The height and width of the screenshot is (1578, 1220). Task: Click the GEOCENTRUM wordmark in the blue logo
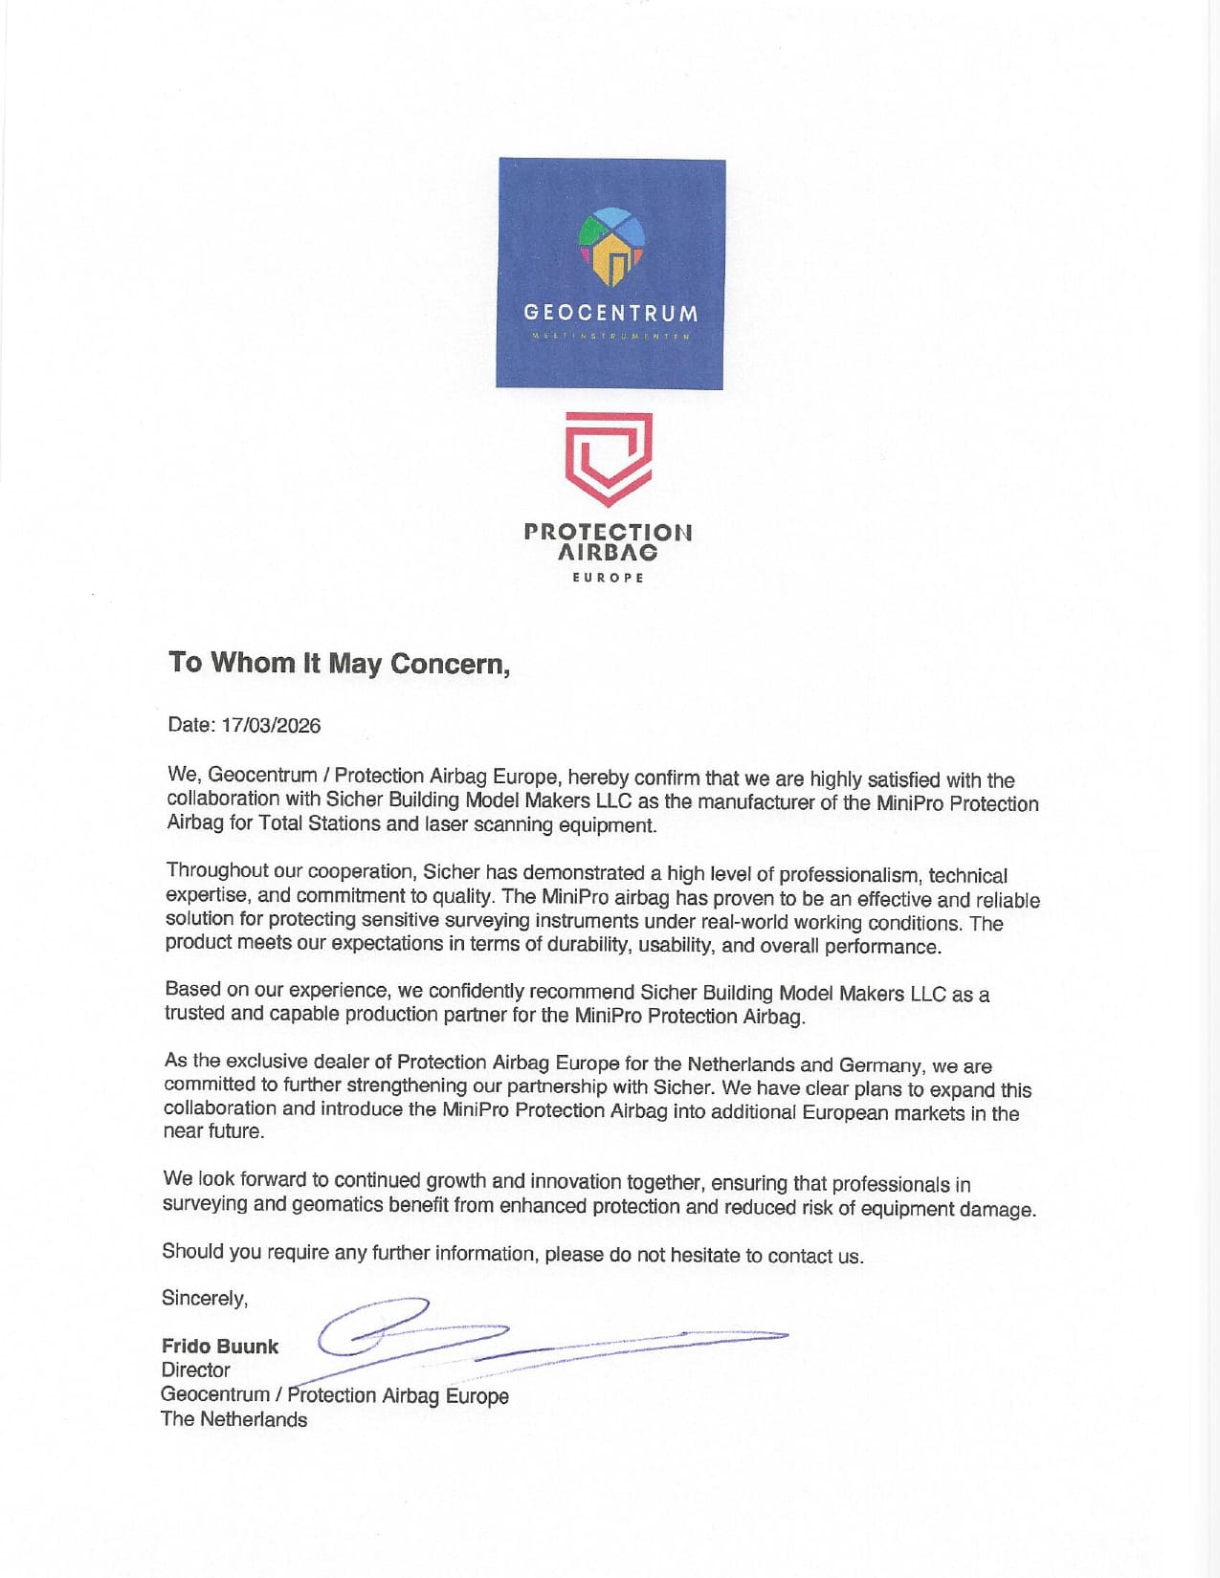click(x=610, y=313)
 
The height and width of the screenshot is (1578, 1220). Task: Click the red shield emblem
click(x=609, y=458)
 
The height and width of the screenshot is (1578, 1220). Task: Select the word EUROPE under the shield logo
click(x=609, y=578)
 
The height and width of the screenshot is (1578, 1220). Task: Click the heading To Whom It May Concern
click(x=339, y=663)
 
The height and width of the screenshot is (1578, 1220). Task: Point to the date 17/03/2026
click(x=271, y=725)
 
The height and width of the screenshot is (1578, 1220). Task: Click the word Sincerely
click(x=204, y=1298)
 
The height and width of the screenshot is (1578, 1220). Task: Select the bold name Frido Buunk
click(x=219, y=1346)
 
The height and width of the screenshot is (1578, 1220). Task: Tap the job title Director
click(x=195, y=1370)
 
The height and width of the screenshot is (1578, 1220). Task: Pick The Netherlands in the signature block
click(x=233, y=1419)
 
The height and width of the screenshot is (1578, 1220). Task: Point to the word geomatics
click(x=338, y=1203)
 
